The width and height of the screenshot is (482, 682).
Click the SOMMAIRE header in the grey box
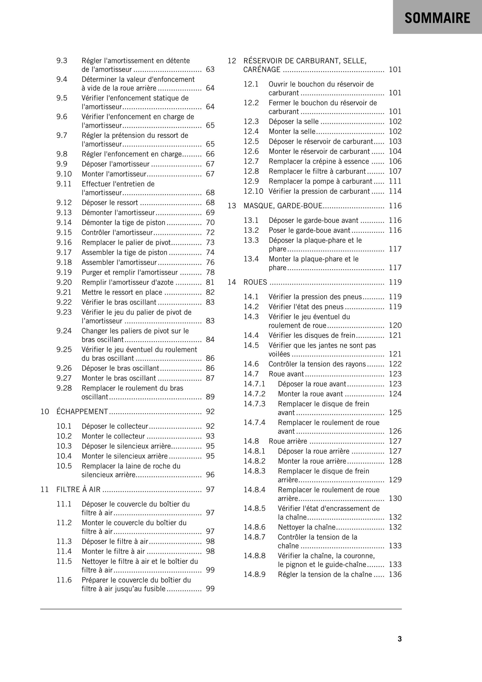click(x=437, y=18)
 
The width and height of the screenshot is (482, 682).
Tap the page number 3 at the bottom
click(x=400, y=639)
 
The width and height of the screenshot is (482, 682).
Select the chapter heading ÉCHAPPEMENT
click(x=82, y=411)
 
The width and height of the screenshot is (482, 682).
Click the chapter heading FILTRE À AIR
click(x=79, y=489)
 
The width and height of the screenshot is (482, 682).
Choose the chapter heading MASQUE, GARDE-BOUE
click(x=283, y=206)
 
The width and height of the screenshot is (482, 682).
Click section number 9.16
click(x=64, y=242)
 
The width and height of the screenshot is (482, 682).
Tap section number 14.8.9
click(x=254, y=574)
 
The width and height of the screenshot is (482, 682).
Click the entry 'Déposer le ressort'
click(x=110, y=203)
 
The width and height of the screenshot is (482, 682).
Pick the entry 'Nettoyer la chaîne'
click(x=306, y=527)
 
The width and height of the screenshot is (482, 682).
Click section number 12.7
click(x=251, y=161)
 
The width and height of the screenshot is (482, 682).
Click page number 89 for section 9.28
click(x=210, y=397)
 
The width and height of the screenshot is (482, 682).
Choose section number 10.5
click(x=64, y=466)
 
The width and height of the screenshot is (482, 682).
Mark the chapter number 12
click(x=232, y=61)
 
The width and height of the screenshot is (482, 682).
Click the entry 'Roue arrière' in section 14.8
click(x=288, y=441)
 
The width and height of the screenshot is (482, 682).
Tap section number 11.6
click(x=64, y=580)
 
